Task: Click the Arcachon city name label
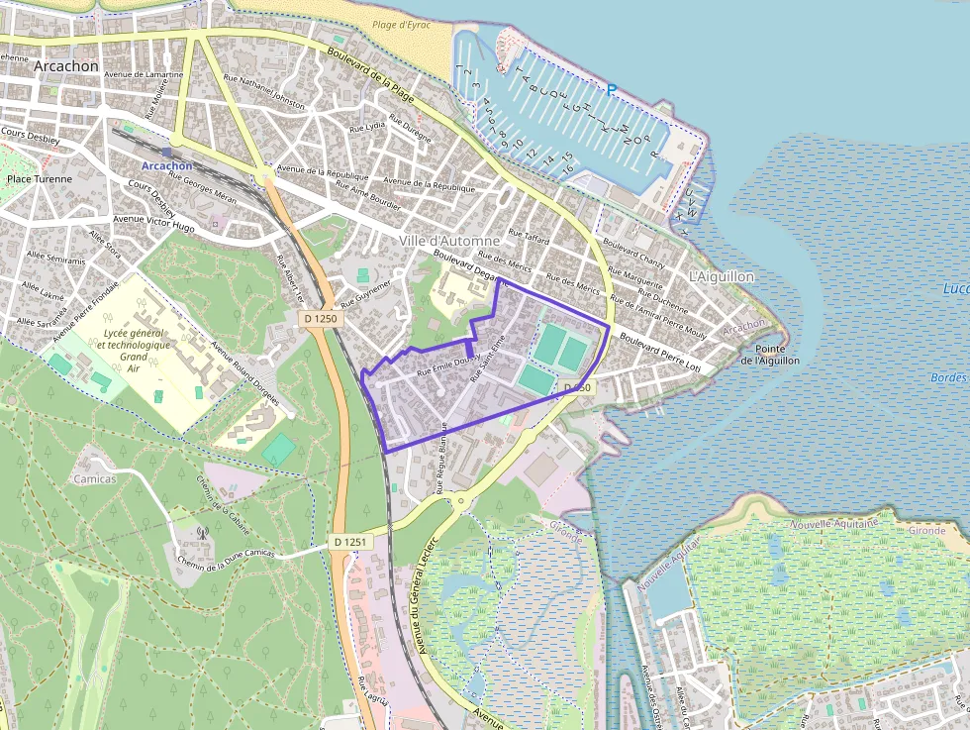[65, 65]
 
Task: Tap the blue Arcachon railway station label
[166, 165]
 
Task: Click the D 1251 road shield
[350, 542]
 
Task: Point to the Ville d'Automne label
[450, 241]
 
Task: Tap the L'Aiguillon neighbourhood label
[721, 276]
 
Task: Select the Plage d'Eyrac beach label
[401, 25]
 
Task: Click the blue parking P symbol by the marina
[612, 90]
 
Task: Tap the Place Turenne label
[40, 179]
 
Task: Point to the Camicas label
[95, 478]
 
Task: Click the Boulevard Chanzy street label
[634, 257]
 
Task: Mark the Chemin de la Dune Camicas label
[225, 559]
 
